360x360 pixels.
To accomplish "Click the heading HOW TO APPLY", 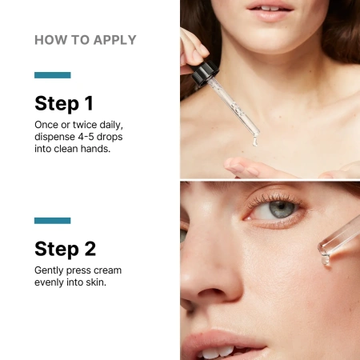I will click(x=85, y=40).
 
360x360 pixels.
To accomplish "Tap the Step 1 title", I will click(x=64, y=102).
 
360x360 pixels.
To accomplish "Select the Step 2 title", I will click(x=66, y=247).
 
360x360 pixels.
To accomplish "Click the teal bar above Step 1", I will click(x=53, y=75).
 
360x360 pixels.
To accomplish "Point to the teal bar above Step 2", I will click(x=53, y=220).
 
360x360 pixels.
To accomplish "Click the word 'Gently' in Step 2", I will click(x=50, y=270).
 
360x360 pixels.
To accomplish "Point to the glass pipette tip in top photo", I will click(x=254, y=140).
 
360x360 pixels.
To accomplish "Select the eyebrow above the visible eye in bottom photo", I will click(x=264, y=187).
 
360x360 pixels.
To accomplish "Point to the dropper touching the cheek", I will click(x=336, y=244).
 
